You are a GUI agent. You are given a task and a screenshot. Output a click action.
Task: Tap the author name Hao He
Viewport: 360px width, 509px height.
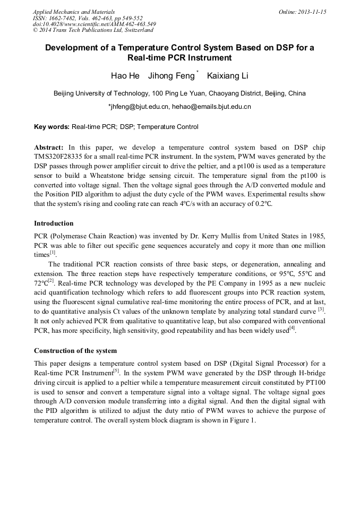pyautogui.click(x=125, y=76)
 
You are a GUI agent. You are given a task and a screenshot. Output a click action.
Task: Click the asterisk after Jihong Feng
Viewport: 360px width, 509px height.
pyautogui.click(x=198, y=72)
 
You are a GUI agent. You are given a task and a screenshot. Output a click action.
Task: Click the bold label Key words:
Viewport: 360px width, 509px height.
pyautogui.click(x=52, y=127)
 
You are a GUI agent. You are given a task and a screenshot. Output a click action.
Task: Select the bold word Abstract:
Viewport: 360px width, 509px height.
pyautogui.click(x=49, y=147)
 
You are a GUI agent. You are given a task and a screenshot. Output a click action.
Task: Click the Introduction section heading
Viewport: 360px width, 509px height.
pyautogui.click(x=54, y=223)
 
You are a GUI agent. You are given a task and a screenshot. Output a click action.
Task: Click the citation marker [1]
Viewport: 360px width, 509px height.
pyautogui.click(x=53, y=253)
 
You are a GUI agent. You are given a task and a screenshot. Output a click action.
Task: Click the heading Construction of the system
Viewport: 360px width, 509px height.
pyautogui.click(x=75, y=351)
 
